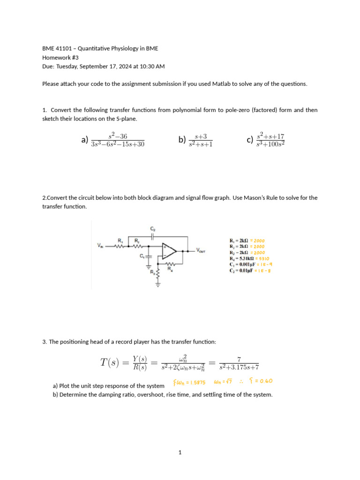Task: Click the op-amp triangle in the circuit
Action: tap(168, 251)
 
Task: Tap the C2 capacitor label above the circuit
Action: tap(153, 229)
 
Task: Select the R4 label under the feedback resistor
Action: tap(177, 269)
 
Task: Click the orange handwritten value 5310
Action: tap(262, 258)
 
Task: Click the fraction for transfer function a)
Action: tap(118, 140)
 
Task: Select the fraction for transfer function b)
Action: tap(200, 140)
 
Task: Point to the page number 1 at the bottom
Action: tap(180, 453)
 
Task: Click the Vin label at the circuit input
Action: tap(101, 245)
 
